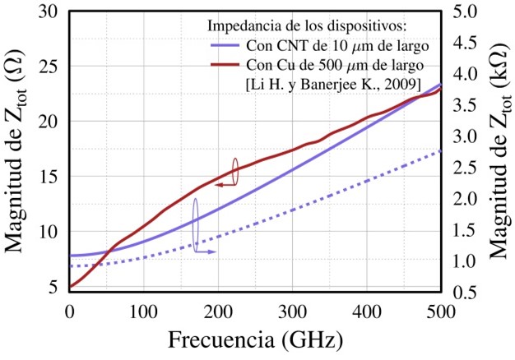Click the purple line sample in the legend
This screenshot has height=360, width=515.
225,47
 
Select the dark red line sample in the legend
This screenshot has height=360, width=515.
225,64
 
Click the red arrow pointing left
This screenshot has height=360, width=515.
222,186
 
